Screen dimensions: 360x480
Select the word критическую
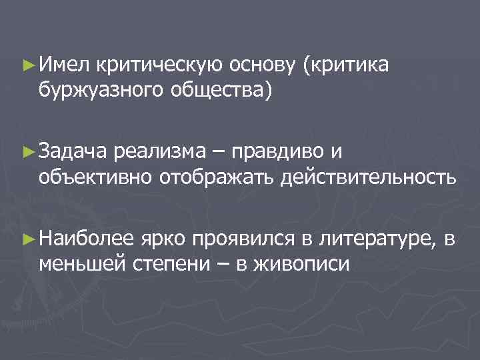tap(157, 65)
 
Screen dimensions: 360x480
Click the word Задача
tap(71, 153)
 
